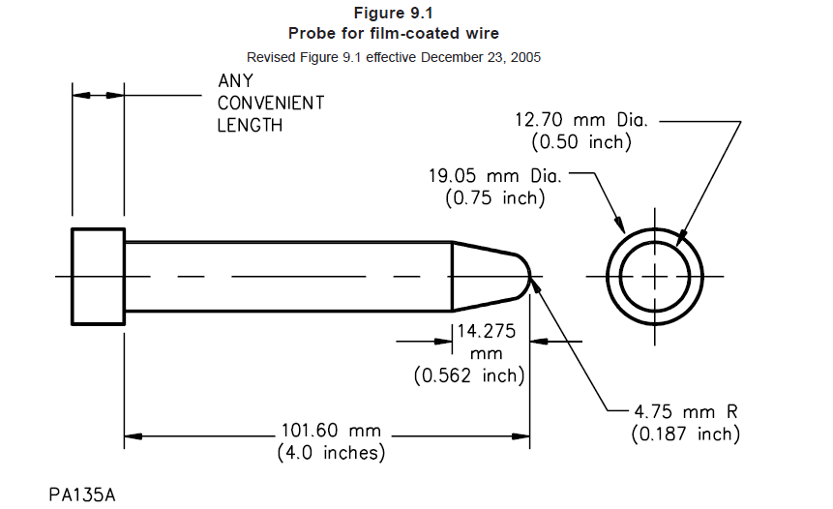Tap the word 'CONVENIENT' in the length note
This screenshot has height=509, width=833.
[x=270, y=103]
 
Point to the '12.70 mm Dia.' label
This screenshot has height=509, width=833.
[x=580, y=121]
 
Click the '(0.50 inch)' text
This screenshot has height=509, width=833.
[x=581, y=142]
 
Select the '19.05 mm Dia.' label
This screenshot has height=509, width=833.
[x=494, y=177]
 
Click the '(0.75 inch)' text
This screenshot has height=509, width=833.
[x=494, y=198]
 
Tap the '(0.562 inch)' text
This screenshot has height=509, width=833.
[x=469, y=375]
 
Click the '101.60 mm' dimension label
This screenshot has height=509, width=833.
[x=331, y=431]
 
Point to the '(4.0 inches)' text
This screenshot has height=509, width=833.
[x=331, y=452]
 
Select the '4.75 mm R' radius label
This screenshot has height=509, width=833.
[x=685, y=412]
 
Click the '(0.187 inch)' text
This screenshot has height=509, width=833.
[x=685, y=434]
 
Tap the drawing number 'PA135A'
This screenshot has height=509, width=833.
[x=83, y=494]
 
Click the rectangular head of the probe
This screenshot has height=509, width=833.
[x=98, y=276]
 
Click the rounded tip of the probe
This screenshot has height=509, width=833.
[x=522, y=276]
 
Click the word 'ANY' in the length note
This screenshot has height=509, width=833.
[x=235, y=81]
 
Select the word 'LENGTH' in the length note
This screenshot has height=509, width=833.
[x=250, y=125]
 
